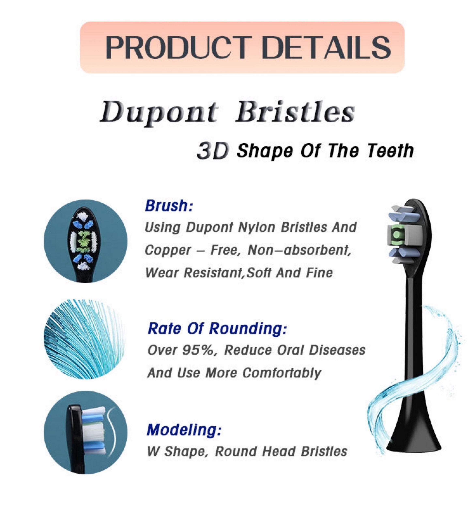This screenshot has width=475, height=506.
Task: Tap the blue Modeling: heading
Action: click(184, 430)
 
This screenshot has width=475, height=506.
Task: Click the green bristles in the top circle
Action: click(83, 240)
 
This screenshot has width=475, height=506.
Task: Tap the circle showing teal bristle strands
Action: click(84, 339)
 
